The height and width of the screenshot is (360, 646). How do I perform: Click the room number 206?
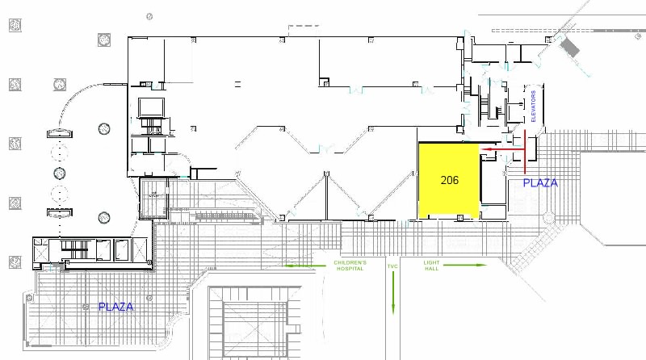pyautogui.click(x=450, y=180)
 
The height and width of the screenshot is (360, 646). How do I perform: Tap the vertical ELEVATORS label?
pyautogui.click(x=533, y=107)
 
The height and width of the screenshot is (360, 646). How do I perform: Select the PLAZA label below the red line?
pyautogui.click(x=540, y=183)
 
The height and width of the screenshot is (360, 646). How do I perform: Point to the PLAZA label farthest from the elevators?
pyautogui.click(x=115, y=307)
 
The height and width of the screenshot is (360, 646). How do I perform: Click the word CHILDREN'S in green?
pyautogui.click(x=350, y=262)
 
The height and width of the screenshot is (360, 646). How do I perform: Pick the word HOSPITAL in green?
pyautogui.click(x=350, y=269)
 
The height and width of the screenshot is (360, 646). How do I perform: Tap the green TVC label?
pyautogui.click(x=392, y=266)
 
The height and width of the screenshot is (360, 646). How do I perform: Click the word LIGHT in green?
pyautogui.click(x=431, y=262)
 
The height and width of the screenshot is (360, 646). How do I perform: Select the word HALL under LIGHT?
pyautogui.click(x=431, y=269)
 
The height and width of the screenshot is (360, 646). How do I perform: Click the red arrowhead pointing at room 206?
pyautogui.click(x=485, y=149)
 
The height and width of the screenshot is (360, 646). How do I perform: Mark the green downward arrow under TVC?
pyautogui.click(x=393, y=292)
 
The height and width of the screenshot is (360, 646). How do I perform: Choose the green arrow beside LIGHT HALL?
pyautogui.click(x=465, y=265)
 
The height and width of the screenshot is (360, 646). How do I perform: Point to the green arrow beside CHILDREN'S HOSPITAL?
pyautogui.click(x=305, y=266)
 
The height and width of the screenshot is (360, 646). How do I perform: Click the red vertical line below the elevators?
pyautogui.click(x=525, y=151)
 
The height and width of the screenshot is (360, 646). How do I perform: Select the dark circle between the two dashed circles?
pyautogui.click(x=60, y=173)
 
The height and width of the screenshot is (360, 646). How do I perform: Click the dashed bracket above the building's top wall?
pyautogui.click(x=304, y=28)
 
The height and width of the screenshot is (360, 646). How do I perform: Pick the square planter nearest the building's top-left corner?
pyautogui.click(x=104, y=40)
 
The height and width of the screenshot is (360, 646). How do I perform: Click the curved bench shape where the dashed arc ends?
pyautogui.click(x=60, y=133)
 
